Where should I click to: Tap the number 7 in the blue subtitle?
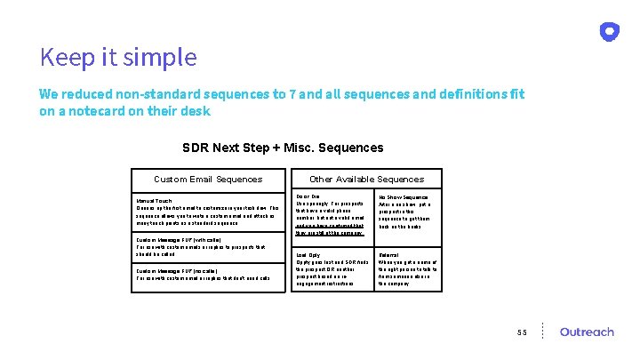(280, 95)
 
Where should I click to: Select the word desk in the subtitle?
(197, 112)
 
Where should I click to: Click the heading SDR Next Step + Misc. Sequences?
(283, 148)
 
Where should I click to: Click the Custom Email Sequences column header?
(208, 180)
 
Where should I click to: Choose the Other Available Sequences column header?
(366, 180)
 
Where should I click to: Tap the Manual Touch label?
(155, 201)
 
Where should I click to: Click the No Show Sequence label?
(403, 197)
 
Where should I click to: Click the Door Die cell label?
(308, 196)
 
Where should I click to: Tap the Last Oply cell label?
(308, 254)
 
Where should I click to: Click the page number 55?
(523, 332)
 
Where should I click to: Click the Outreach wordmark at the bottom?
(587, 332)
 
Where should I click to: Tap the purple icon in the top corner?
(610, 32)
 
